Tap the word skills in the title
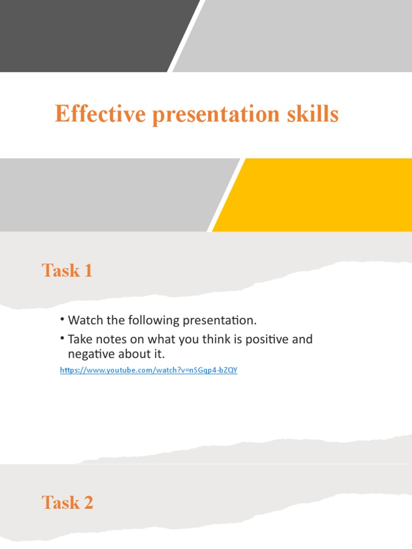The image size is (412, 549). tap(313, 114)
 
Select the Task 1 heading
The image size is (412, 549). tap(67, 271)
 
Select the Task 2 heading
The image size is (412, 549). tap(67, 503)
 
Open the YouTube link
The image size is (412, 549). tap(149, 370)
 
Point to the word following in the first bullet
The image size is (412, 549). tap(151, 321)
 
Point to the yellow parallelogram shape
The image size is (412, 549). tap(317, 195)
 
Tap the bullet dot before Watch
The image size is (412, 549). tap(62, 320)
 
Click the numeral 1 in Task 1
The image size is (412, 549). tap(87, 271)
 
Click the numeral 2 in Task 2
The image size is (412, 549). tap(87, 503)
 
